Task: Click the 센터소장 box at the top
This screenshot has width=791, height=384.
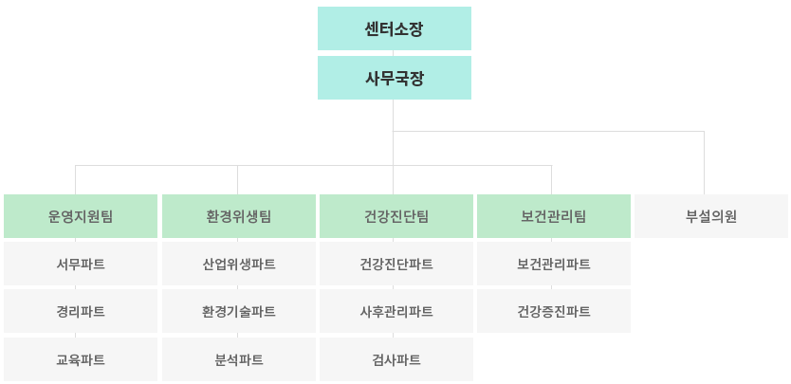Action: pos(394,28)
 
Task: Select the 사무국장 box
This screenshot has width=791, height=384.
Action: pos(394,78)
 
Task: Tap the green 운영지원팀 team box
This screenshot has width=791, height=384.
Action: pos(81,216)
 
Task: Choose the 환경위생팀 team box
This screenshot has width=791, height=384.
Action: pos(239,216)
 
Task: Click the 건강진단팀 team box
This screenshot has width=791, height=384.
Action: pos(396,216)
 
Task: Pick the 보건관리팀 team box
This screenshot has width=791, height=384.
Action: pos(554,216)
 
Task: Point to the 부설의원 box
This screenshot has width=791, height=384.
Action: pos(711,216)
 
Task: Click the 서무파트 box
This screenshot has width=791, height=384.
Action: pos(81,264)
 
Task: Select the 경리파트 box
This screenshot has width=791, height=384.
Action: pos(81,311)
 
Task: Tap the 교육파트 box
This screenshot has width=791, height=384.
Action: pos(81,359)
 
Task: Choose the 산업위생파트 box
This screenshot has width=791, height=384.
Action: pos(239,264)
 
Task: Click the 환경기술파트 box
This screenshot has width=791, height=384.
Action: pos(239,311)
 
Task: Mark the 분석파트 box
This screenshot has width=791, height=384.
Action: pos(239,359)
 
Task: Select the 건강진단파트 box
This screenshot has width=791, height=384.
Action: pos(396,264)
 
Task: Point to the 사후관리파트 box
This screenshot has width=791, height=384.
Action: pos(396,311)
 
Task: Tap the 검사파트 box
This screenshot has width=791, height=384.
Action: pos(396,359)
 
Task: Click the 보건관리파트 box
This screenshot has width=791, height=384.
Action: pos(554,264)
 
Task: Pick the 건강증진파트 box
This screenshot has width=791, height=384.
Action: pos(554,311)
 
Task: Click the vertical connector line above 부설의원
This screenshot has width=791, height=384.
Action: pos(704,163)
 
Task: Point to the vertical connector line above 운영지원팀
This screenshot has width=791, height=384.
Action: pos(75,180)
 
